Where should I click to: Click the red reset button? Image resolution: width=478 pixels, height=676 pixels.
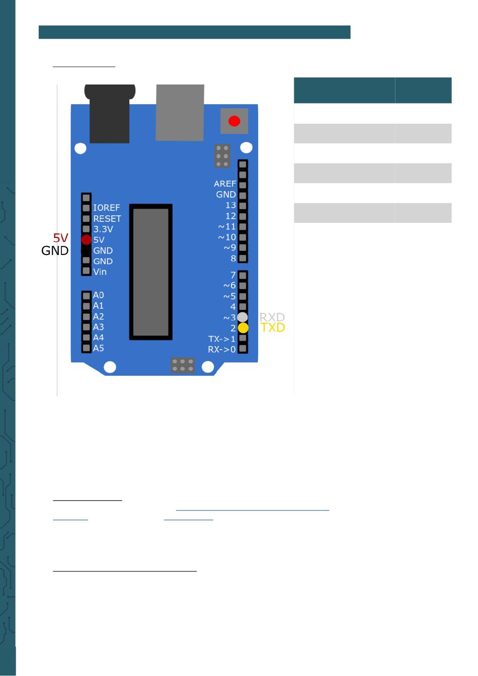tap(234, 121)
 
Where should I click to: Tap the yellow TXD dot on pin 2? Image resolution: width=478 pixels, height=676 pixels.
tap(243, 328)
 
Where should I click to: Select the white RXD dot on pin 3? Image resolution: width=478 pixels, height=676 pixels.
tap(243, 317)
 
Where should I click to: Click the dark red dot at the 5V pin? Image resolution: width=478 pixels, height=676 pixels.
tap(87, 240)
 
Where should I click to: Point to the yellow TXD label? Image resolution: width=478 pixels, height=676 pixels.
tap(273, 328)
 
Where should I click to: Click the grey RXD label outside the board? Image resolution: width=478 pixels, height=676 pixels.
tap(272, 317)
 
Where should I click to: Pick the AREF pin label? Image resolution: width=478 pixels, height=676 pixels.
tap(224, 184)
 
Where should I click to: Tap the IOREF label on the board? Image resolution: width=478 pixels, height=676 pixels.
tap(106, 208)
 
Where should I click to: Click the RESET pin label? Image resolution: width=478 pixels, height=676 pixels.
tap(107, 219)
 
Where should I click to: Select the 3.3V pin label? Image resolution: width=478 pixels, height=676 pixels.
tap(103, 229)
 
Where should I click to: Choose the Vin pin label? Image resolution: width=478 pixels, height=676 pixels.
tap(100, 272)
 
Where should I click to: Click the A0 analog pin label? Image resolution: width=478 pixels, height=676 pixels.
tap(98, 295)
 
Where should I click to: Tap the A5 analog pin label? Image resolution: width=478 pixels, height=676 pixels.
tap(98, 348)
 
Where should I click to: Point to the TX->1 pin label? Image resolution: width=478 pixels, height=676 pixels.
tap(222, 339)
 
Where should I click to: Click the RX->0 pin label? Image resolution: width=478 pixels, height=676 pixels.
tap(222, 350)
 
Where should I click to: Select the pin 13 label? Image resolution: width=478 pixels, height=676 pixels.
tap(230, 205)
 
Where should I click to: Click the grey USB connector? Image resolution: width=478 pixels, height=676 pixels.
tap(180, 113)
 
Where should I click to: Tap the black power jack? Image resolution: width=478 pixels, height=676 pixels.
tap(110, 115)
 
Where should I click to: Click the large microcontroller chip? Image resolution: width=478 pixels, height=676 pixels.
tap(151, 272)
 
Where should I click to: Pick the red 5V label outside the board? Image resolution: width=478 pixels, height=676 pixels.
tap(60, 238)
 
